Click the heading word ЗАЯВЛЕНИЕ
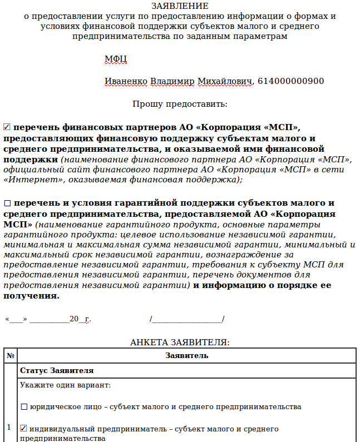point(180,6)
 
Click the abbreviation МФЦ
point(116,59)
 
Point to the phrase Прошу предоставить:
point(180,104)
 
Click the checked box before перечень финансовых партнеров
point(7,127)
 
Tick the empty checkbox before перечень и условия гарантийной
point(7,203)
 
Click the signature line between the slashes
point(187,319)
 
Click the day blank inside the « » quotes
point(17,319)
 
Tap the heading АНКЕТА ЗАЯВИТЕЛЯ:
point(180,342)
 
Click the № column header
point(10,355)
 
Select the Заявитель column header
point(187,355)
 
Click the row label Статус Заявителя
point(57,370)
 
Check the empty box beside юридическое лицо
point(23,407)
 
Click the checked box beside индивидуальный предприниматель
point(23,429)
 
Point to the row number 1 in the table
point(9,427)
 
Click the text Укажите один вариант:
point(65,385)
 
